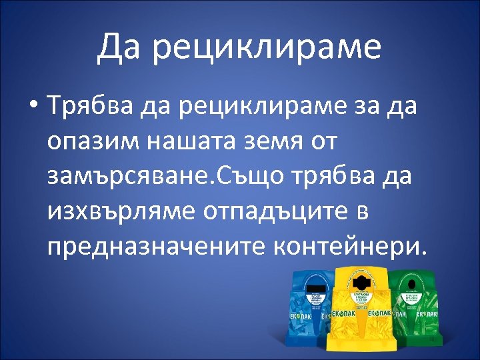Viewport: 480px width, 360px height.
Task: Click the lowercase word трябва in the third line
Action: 334,177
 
